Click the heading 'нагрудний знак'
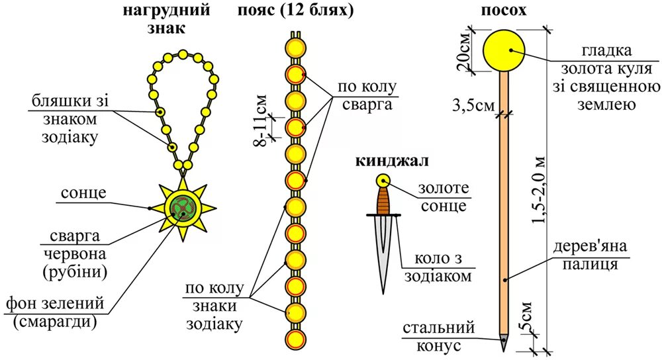click(x=167, y=19)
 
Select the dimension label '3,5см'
click(x=473, y=105)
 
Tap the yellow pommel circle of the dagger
click(x=383, y=181)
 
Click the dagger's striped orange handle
click(x=383, y=201)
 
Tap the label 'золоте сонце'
click(x=442, y=197)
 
